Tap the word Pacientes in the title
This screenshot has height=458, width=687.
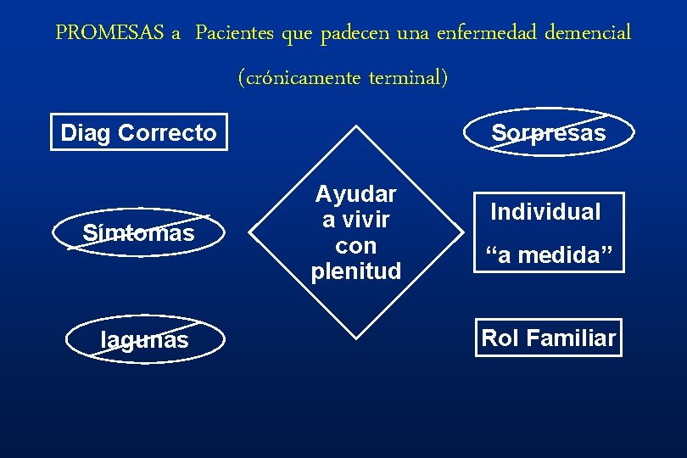234,33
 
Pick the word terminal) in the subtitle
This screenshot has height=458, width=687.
408,78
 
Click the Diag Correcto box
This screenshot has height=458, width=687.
139,132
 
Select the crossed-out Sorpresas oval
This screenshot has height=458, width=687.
549,133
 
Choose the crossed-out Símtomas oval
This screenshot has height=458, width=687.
138,232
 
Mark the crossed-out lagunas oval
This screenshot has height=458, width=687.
144,340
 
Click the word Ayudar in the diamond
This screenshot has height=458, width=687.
355,194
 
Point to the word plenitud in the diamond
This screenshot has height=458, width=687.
355,272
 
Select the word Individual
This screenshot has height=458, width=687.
545,212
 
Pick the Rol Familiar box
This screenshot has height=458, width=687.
548,338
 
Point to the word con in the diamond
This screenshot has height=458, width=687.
355,246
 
